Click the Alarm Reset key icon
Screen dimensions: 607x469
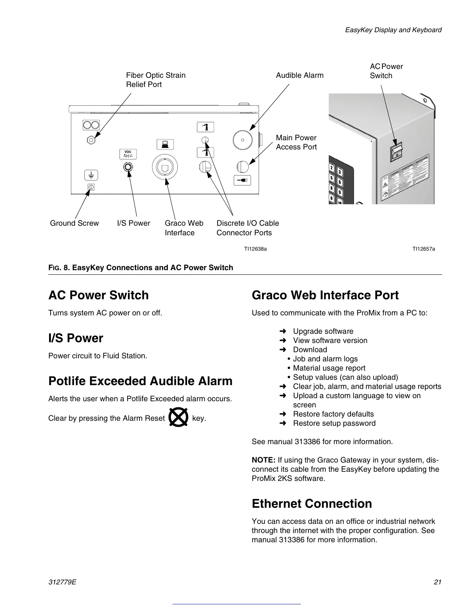coord(178,418)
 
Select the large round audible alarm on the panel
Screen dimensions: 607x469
coord(243,140)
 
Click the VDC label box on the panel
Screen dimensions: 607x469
coord(128,154)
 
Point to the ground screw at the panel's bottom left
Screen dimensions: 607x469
coord(91,187)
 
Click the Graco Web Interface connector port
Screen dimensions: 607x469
coord(165,167)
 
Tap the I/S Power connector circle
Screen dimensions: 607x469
coord(128,167)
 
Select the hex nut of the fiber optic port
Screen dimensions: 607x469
coord(91,140)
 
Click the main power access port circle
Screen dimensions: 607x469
coord(243,167)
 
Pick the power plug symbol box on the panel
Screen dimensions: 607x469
coord(242,180)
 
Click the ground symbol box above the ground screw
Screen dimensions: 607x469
coord(91,175)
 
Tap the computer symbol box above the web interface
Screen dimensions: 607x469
coord(165,144)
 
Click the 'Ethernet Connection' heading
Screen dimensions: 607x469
coord(312,504)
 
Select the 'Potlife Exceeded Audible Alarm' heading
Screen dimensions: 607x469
coord(140,381)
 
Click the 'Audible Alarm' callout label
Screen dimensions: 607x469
coord(300,75)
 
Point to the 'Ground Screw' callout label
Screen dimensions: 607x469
coord(74,223)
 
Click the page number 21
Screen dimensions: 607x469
coord(438,582)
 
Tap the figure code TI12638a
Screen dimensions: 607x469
coord(256,249)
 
